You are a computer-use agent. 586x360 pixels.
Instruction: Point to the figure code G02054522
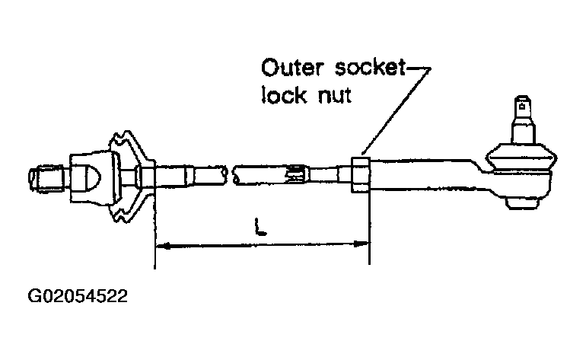78,295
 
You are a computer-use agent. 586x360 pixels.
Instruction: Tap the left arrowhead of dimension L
161,245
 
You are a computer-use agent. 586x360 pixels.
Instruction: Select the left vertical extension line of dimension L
154,228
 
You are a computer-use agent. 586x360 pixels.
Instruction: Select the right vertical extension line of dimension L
368,228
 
